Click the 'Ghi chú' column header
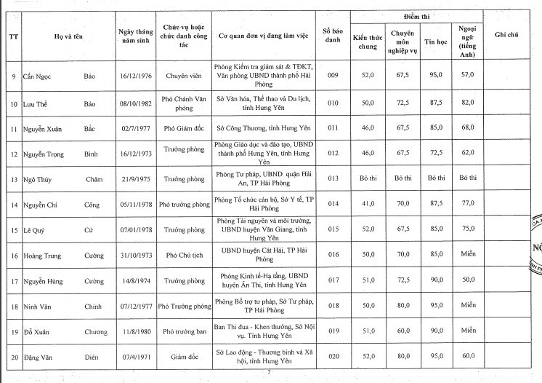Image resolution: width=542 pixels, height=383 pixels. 506,33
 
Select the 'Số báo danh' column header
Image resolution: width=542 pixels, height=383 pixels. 333,35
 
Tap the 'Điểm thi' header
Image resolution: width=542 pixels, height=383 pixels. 416,16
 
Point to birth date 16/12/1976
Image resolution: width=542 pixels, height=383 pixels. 134,75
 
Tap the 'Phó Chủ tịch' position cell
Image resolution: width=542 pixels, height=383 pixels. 183,256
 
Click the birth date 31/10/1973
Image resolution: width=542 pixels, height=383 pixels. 134,256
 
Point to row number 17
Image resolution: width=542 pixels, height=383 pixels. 13,280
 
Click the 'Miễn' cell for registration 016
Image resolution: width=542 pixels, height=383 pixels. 467,256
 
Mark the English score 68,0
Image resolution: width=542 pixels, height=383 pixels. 467,127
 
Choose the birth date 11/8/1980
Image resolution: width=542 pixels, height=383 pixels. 134,331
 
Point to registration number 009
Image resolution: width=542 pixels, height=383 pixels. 333,75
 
